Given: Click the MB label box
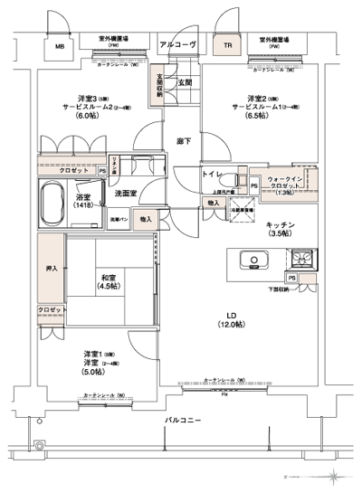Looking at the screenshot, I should coord(60,45).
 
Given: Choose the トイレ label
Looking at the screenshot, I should coord(213,173).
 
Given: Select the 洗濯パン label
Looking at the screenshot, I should coord(119,220).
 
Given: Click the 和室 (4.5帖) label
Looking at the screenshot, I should coord(109,282).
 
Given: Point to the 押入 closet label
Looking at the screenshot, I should coord(52,269).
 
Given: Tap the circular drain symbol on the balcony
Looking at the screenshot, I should coord(38,445).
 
